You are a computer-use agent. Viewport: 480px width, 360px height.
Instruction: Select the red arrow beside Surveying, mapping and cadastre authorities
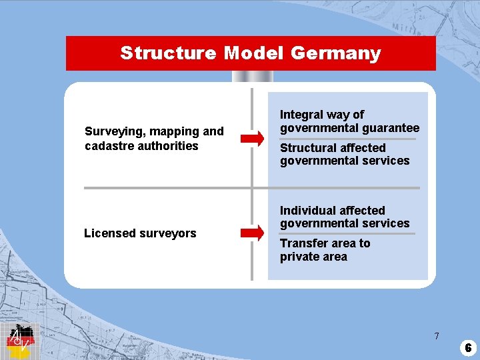point(252,139)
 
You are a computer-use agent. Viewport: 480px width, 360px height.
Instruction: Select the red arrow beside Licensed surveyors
point(252,233)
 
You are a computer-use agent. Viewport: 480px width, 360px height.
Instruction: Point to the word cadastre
point(109,146)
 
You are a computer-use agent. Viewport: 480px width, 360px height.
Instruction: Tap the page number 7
point(437,336)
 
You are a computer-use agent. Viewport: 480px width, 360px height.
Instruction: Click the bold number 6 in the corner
point(468,347)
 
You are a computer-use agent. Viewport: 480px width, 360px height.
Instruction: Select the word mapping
point(167,132)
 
